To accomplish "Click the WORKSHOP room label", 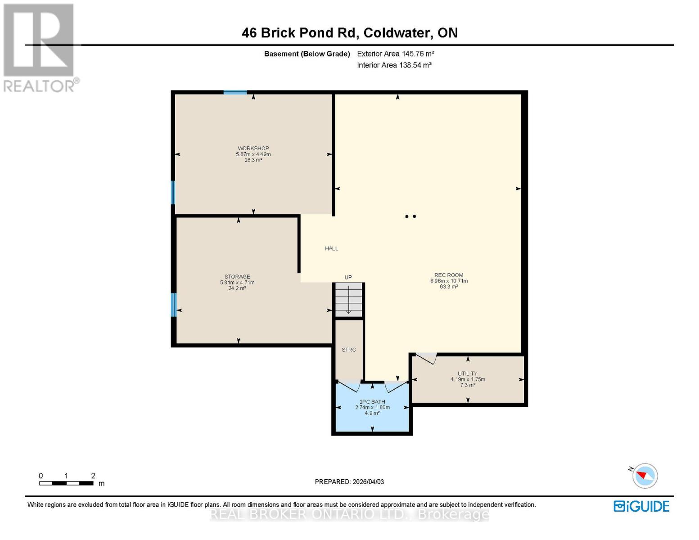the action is coord(253,148).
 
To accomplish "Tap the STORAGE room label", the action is coord(237,277).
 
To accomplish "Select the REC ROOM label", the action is coord(449,275).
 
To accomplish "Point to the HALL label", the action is coord(331,248).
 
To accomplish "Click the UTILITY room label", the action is coord(467,373).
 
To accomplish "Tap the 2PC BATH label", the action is coord(372,402).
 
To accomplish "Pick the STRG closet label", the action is coord(349,350).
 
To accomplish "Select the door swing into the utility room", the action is coord(426,358).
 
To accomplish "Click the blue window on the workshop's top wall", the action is coord(235,92).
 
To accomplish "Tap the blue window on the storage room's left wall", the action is coord(173,305).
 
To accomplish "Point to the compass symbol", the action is coord(645,476).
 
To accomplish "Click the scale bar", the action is coord(66,483).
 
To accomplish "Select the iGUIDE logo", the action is coord(641,507).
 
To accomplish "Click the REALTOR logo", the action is coord(40,48).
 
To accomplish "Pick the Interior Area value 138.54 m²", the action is coord(415,65).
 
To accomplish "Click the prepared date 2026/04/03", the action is coord(368,481).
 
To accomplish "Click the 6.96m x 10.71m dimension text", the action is coord(449,281).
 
